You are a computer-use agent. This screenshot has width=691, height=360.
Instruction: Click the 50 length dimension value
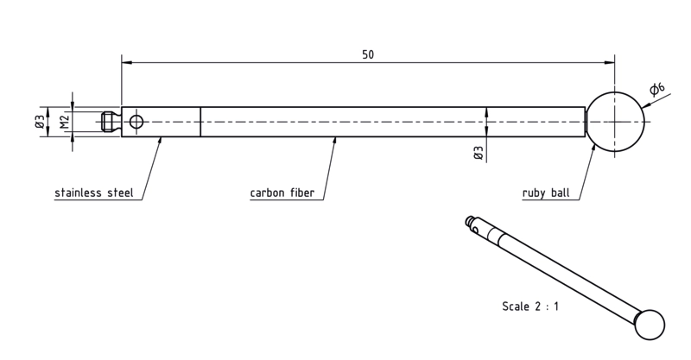[x=368, y=54]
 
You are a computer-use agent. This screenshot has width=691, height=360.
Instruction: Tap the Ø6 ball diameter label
[x=657, y=89]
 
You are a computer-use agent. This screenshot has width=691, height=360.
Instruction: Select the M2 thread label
[x=65, y=122]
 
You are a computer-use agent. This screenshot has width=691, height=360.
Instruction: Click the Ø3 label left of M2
[x=39, y=122]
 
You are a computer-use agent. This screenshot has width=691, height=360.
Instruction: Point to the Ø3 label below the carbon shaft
[x=479, y=153]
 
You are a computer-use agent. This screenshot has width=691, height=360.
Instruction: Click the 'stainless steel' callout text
[x=94, y=193]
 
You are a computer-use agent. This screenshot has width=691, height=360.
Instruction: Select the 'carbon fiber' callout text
[x=282, y=193]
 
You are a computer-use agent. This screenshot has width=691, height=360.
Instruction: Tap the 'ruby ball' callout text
[x=546, y=193]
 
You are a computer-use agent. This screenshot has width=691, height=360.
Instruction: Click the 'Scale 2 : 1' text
[x=530, y=306]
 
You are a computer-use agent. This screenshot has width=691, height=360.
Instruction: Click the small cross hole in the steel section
[x=136, y=122]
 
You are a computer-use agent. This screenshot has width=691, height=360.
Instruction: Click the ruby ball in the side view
[x=615, y=122]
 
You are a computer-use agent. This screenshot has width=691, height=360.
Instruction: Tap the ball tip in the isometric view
[x=650, y=325]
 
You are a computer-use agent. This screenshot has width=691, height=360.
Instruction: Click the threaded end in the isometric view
[x=471, y=221]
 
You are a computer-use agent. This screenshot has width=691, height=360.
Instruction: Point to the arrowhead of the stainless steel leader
[x=160, y=140]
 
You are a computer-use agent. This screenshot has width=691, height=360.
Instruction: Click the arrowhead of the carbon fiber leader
[x=335, y=140]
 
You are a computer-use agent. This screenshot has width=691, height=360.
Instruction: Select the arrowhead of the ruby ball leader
[x=593, y=147]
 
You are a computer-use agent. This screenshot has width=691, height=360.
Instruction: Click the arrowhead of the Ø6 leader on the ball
[x=644, y=105]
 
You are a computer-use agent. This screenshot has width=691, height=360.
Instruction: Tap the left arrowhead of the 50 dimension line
[x=126, y=62]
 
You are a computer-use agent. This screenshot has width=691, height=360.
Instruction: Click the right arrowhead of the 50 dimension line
[x=610, y=62]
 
